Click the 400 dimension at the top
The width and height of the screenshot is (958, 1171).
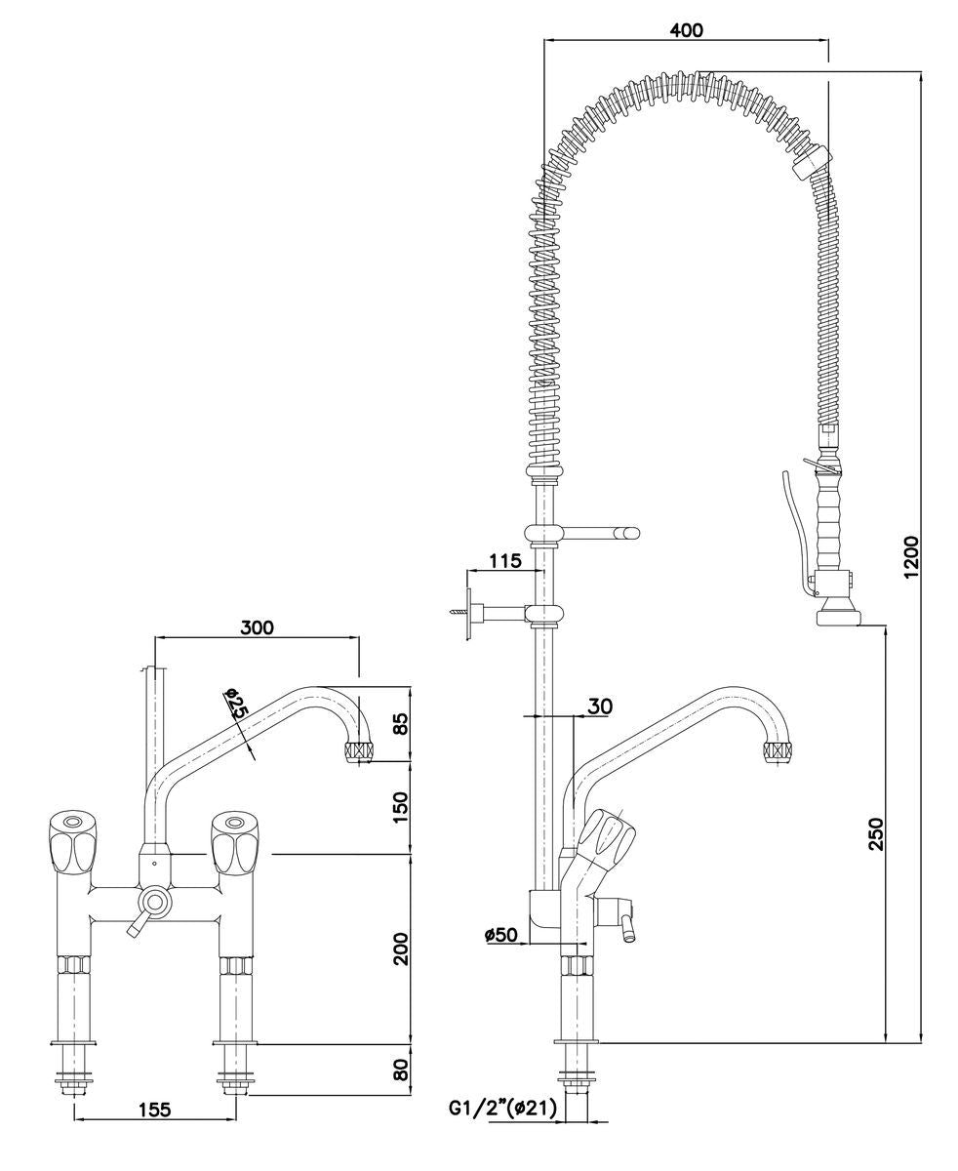pyautogui.click(x=686, y=29)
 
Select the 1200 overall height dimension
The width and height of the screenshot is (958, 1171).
pyautogui.click(x=910, y=556)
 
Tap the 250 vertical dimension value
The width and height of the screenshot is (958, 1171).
pyautogui.click(x=875, y=833)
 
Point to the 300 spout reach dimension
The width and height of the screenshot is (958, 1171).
pyautogui.click(x=257, y=626)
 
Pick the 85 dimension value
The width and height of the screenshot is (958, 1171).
pyautogui.click(x=400, y=724)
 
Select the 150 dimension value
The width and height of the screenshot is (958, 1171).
pyautogui.click(x=400, y=806)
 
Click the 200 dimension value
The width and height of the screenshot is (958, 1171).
pyautogui.click(x=400, y=948)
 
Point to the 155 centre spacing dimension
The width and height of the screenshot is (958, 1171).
pyautogui.click(x=154, y=1109)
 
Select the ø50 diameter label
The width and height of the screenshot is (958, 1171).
pyautogui.click(x=500, y=935)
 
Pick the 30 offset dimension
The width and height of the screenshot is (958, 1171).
pyautogui.click(x=600, y=705)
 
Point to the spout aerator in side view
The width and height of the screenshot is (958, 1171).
pyautogui.click(x=778, y=751)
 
